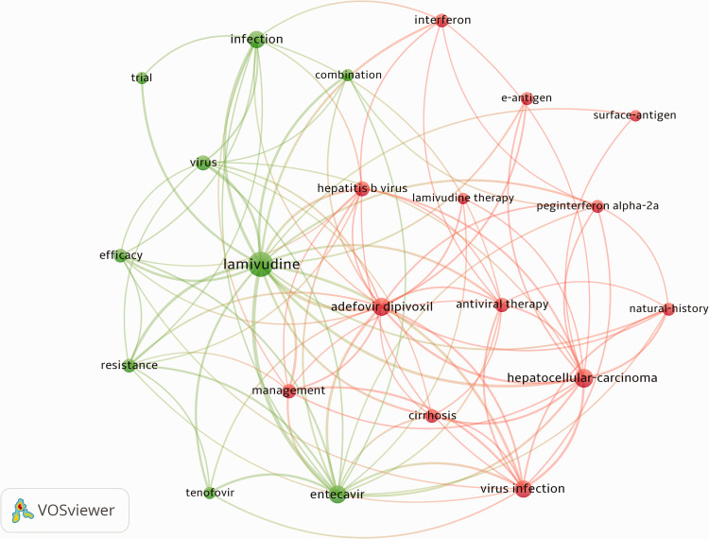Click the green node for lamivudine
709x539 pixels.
click(x=260, y=267)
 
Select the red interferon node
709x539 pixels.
click(x=441, y=21)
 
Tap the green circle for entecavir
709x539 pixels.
click(x=337, y=492)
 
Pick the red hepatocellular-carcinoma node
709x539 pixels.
click(x=582, y=377)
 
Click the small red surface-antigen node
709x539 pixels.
click(x=635, y=115)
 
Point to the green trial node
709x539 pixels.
click(x=143, y=78)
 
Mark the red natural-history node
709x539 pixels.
click(x=667, y=308)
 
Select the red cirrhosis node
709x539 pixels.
click(x=432, y=415)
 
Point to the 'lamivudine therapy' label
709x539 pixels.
click(x=463, y=198)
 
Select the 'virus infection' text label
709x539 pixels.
click(x=523, y=489)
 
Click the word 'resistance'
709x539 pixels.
click(x=129, y=365)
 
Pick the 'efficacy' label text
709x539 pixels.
click(x=121, y=255)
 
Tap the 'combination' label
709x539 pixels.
click(x=348, y=75)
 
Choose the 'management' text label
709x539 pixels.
click(x=288, y=391)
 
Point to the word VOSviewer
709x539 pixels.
click(x=77, y=511)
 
